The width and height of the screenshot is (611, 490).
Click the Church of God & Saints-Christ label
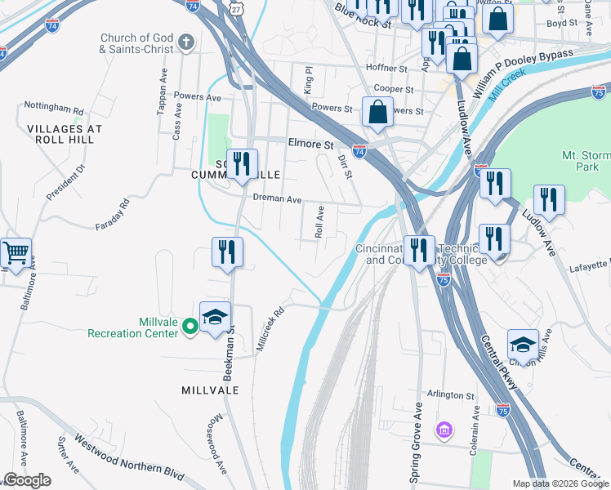[137, 43]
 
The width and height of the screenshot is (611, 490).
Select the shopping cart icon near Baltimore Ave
[16, 252]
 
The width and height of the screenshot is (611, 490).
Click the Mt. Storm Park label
[586, 161]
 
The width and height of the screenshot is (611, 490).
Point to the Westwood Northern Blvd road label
[129, 456]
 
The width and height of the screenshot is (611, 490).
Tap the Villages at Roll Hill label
[65, 134]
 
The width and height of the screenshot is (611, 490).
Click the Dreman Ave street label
[277, 199]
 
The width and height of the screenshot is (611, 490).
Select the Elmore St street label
[311, 143]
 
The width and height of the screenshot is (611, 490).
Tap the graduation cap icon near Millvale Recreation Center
[215, 317]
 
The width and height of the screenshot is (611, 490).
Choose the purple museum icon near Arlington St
[444, 430]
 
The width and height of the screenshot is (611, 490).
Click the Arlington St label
[448, 395]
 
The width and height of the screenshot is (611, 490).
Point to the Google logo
[27, 480]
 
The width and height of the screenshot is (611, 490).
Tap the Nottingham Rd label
[54, 107]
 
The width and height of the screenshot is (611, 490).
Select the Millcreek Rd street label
[270, 328]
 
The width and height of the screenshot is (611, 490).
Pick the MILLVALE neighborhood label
[210, 390]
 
